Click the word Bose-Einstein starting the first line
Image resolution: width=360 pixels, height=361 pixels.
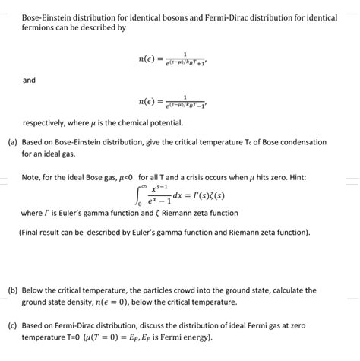click(x=46, y=15)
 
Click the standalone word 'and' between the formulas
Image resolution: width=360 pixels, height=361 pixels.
click(x=30, y=79)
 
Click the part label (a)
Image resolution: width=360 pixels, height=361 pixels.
click(x=13, y=142)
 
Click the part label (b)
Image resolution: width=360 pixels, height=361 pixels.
click(x=13, y=290)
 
